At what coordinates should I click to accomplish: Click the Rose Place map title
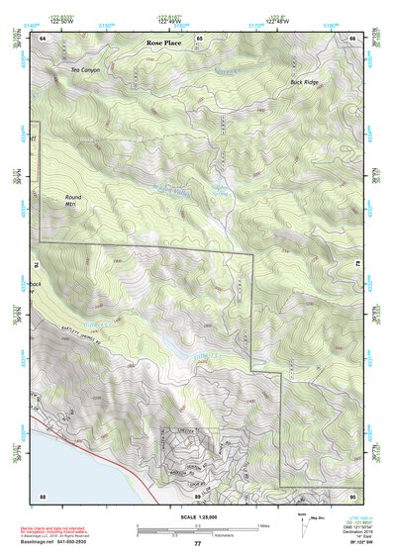coord(163,45)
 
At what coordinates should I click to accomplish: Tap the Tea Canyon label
coord(86,70)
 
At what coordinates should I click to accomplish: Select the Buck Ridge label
coord(304,81)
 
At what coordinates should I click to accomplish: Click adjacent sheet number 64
coord(43,37)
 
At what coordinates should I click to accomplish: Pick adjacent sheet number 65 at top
coord(198,37)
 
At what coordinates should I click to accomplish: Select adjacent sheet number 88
coord(43,495)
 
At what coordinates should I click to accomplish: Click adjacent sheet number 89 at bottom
coord(198,495)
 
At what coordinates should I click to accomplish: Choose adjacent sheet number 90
coord(351,495)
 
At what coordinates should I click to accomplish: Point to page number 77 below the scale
coord(197,543)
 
